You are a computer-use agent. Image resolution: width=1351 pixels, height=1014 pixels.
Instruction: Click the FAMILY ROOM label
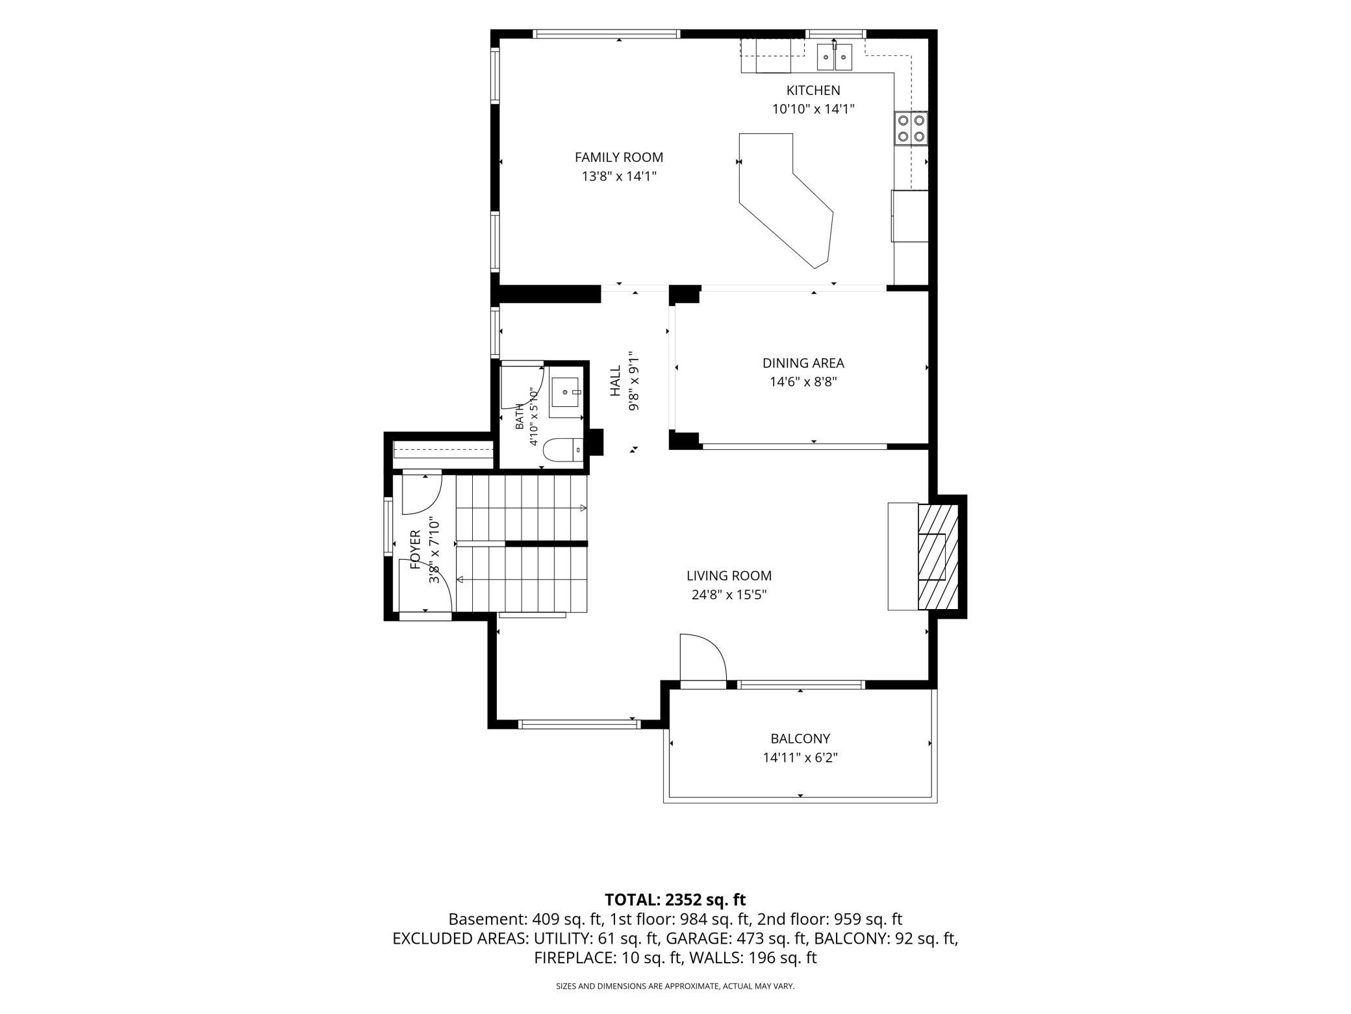click(619, 157)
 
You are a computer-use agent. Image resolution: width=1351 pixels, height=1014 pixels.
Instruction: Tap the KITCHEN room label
click(813, 90)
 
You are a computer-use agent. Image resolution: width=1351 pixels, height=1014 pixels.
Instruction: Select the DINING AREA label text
click(803, 363)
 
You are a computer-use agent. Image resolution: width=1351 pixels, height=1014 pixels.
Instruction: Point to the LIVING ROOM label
click(729, 576)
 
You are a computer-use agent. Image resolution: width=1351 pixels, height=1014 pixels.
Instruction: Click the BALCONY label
click(800, 738)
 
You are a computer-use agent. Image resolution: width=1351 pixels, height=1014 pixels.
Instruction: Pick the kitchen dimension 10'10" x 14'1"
click(813, 109)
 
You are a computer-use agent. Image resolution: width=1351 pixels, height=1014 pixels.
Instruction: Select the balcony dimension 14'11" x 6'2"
click(800, 758)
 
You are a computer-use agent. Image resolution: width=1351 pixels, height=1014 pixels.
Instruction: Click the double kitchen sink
click(834, 56)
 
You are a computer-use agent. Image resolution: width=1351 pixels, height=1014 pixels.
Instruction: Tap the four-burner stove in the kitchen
click(911, 128)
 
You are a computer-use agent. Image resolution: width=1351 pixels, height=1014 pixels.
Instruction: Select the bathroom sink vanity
click(565, 396)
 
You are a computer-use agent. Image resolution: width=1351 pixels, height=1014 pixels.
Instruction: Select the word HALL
click(615, 381)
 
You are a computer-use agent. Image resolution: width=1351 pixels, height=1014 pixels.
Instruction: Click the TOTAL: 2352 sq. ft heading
click(675, 900)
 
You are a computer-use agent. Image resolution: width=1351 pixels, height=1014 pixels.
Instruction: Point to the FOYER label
click(416, 549)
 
